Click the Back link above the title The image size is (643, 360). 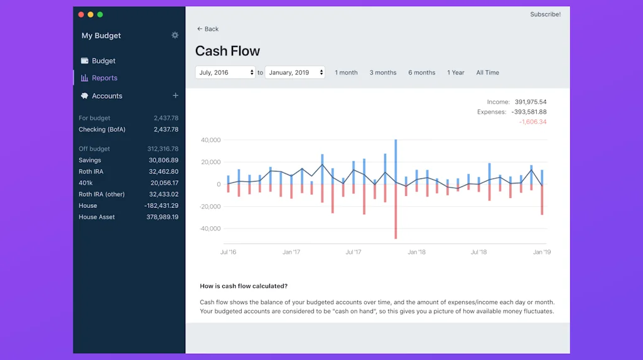[208, 29]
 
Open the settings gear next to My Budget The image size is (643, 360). [175, 35]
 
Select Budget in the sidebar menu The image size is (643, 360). [104, 61]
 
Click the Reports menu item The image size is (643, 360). [104, 78]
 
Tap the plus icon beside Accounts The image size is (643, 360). [175, 95]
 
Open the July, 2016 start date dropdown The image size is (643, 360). [225, 72]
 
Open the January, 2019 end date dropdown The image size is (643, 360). [294, 72]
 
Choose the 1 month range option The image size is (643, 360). [346, 72]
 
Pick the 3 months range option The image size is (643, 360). [383, 72]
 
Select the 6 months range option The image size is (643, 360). [422, 72]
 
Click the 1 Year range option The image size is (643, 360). [456, 72]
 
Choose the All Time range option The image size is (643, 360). [487, 72]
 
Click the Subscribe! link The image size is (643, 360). [545, 14]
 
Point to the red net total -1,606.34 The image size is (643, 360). [532, 122]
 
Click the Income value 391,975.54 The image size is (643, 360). [531, 102]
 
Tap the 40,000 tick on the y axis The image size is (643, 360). [210, 140]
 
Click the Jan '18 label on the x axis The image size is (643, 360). [416, 252]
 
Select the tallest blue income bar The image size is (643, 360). [396, 161]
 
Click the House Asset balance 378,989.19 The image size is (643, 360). [162, 217]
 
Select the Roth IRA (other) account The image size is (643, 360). [102, 194]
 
